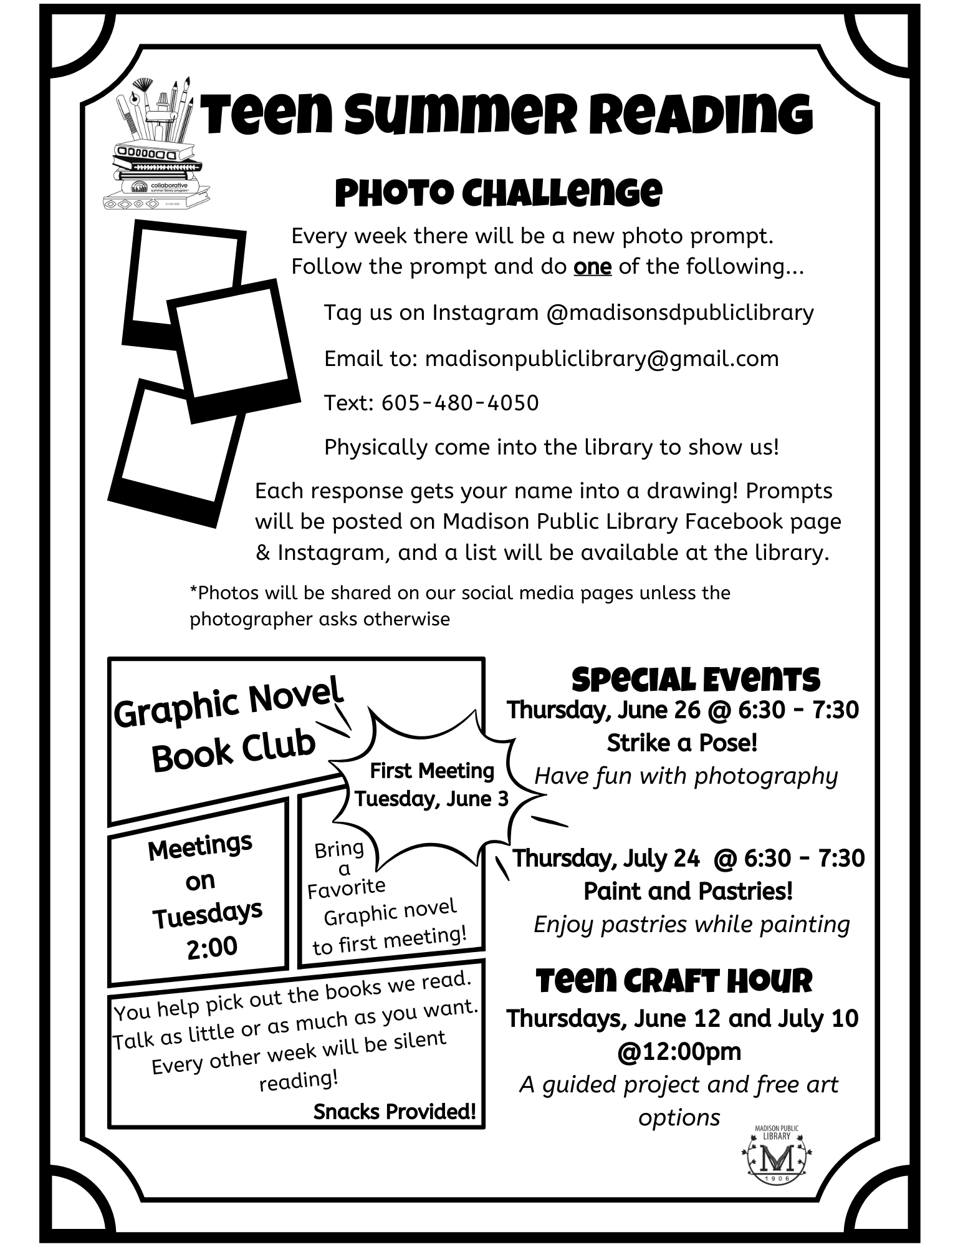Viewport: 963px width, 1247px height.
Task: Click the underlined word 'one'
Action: pos(592,267)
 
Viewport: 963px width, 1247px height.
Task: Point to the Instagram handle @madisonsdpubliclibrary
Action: pos(679,312)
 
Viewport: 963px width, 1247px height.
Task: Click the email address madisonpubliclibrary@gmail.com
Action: pos(601,359)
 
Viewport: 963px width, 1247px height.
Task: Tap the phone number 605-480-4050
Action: pos(460,403)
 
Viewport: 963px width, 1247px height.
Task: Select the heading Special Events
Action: pos(695,680)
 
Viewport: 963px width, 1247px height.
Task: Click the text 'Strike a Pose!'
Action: pos(682,743)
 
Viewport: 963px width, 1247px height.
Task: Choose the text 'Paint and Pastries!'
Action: pos(688,891)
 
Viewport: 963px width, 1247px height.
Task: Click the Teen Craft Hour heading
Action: pos(674,981)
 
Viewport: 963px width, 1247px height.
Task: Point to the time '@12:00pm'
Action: pos(679,1051)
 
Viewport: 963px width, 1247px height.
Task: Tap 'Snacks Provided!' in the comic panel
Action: pos(395,1111)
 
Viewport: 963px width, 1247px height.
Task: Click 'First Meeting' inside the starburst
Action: pos(432,771)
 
